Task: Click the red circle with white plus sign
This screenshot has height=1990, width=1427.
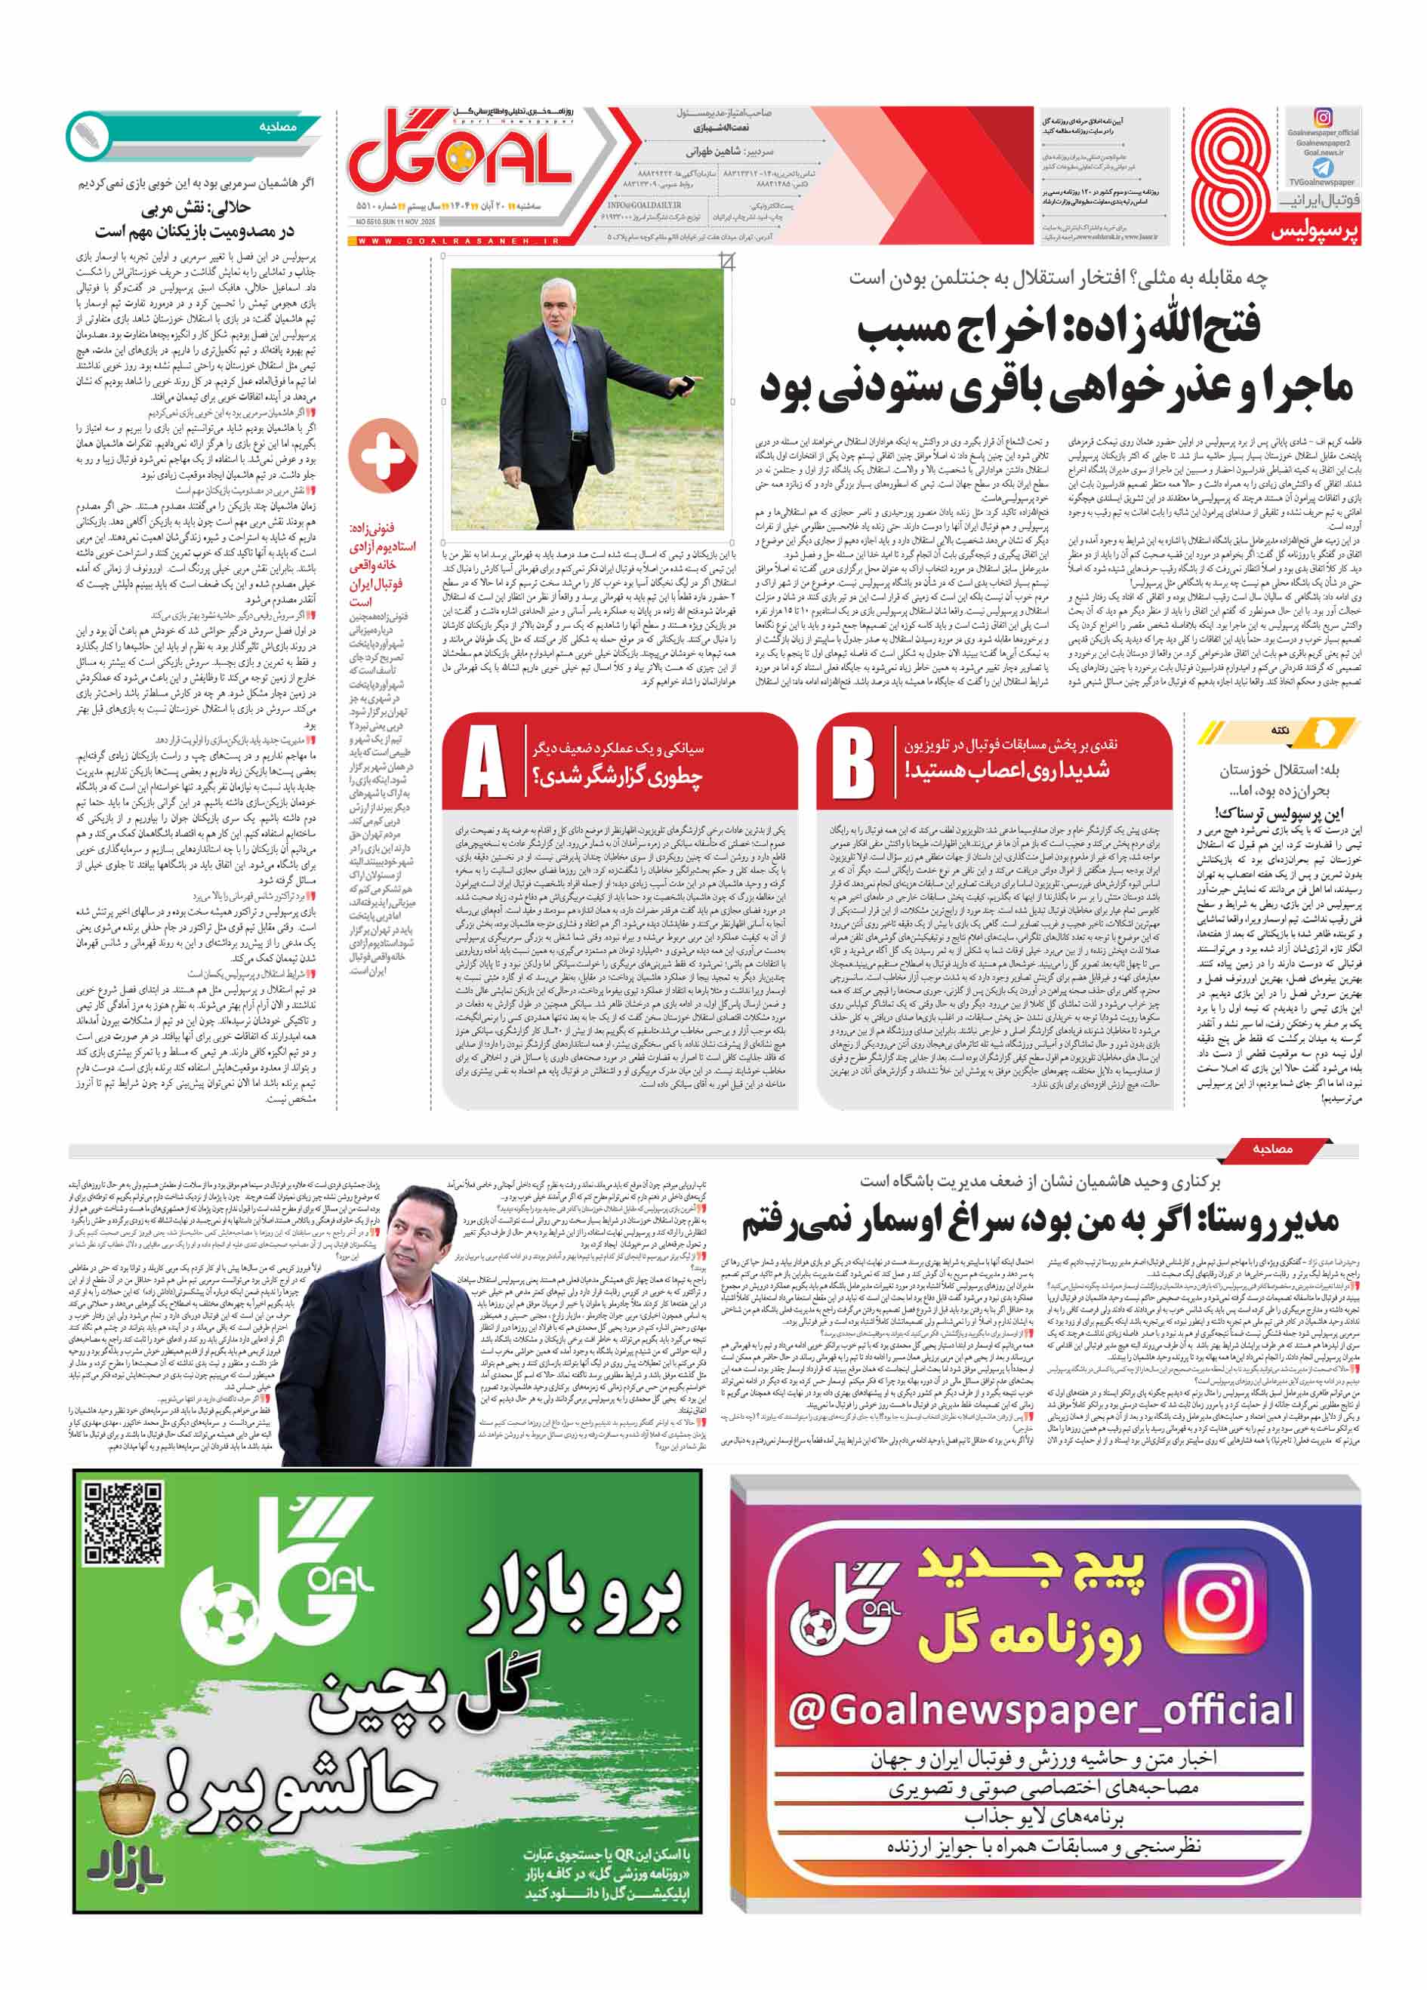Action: coord(383,457)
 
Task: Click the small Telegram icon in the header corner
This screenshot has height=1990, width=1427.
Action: coord(1323,168)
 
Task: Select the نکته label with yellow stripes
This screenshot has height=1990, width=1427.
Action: coord(1280,730)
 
